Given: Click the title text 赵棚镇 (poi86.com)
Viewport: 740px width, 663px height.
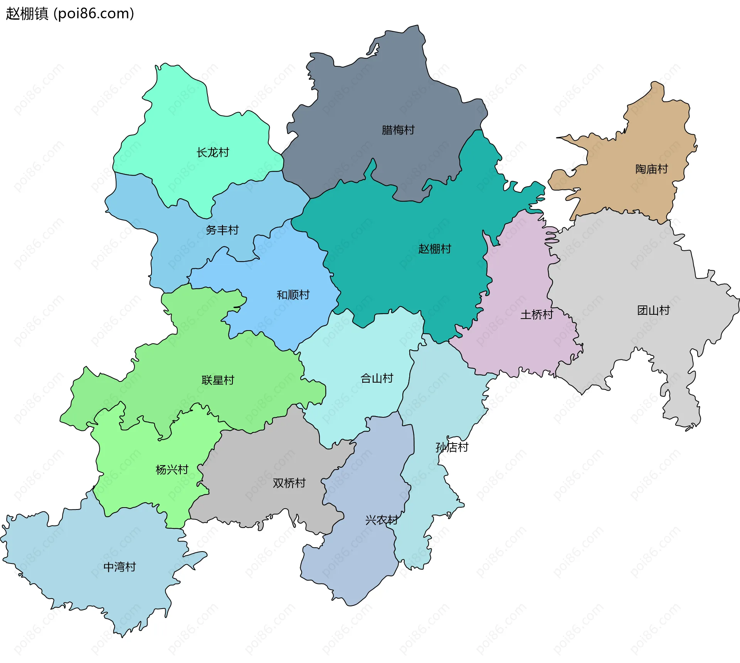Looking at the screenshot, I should (x=70, y=13).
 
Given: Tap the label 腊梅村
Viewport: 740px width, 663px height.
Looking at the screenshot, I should (x=398, y=130).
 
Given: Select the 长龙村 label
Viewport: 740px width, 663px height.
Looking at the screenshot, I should (x=213, y=152).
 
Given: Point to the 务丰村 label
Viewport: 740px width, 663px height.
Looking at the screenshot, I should (x=222, y=230).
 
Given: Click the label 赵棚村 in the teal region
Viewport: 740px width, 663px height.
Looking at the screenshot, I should (x=434, y=249).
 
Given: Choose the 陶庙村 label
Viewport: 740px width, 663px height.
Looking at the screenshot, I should (x=651, y=169).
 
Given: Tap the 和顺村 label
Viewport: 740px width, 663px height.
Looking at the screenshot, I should (x=293, y=295).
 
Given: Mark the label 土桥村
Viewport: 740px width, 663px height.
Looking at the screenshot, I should (x=536, y=315).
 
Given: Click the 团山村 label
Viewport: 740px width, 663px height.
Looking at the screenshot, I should (x=653, y=310).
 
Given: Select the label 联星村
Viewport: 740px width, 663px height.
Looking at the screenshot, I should (x=218, y=380).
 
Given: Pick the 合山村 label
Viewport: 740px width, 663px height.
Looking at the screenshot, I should (x=377, y=378).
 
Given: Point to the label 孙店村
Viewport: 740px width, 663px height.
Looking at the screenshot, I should (x=452, y=447).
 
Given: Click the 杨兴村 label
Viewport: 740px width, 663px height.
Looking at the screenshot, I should (x=172, y=470).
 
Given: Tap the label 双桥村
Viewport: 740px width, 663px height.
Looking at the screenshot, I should (x=289, y=483).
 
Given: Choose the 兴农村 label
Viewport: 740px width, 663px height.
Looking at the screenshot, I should (x=382, y=520).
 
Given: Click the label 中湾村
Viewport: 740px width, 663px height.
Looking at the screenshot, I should (x=119, y=567).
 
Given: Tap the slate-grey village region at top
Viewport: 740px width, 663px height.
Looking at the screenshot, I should (x=370, y=96).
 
